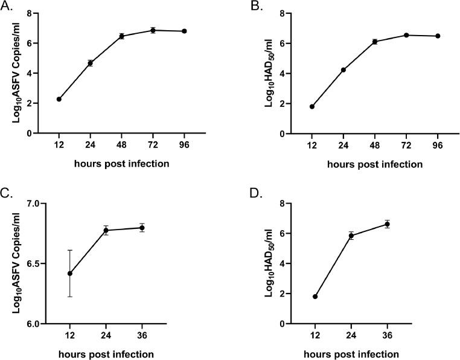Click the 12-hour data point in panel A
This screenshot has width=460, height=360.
point(59,99)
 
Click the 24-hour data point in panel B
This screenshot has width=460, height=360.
point(343,69)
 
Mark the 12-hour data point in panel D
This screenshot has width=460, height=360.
point(315,297)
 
